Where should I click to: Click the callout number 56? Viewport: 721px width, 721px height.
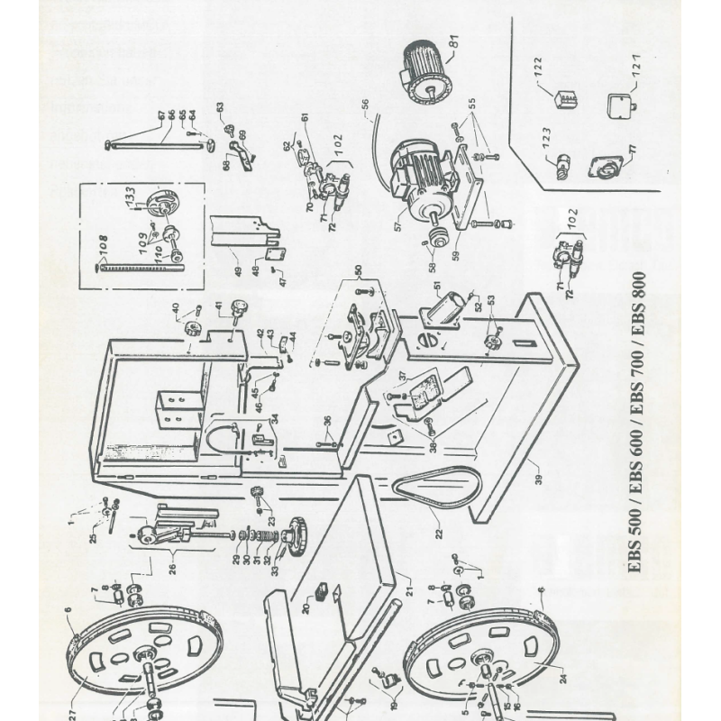click(x=366, y=116)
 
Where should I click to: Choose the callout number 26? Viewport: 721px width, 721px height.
click(x=172, y=568)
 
